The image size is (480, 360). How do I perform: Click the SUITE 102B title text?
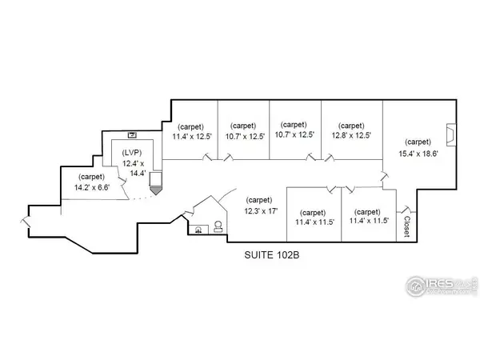(x=271, y=255)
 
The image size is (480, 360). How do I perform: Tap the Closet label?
(x=406, y=226)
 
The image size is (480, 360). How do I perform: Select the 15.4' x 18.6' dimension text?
(x=418, y=154)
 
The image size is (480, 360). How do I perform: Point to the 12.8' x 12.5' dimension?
(x=351, y=135)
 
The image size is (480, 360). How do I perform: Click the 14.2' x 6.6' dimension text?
(x=92, y=187)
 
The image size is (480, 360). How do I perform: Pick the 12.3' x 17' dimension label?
(x=261, y=211)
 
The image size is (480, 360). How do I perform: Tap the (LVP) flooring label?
(x=132, y=153)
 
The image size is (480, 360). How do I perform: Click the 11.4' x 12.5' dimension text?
(x=192, y=136)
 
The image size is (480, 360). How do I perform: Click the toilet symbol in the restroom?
(x=218, y=226)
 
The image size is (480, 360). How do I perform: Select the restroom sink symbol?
(x=198, y=230)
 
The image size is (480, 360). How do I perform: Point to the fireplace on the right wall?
(x=451, y=134)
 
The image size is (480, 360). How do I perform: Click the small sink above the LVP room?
(x=132, y=135)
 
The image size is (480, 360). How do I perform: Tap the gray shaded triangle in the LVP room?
(x=156, y=190)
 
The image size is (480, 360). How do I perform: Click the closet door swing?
(x=406, y=210)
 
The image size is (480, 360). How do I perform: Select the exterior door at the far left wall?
(x=26, y=222)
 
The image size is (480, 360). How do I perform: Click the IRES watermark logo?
(x=442, y=286)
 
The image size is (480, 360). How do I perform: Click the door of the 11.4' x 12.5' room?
(x=207, y=157)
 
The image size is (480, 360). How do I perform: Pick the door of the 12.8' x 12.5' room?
(x=330, y=158)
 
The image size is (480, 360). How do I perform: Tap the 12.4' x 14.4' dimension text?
(x=134, y=168)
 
